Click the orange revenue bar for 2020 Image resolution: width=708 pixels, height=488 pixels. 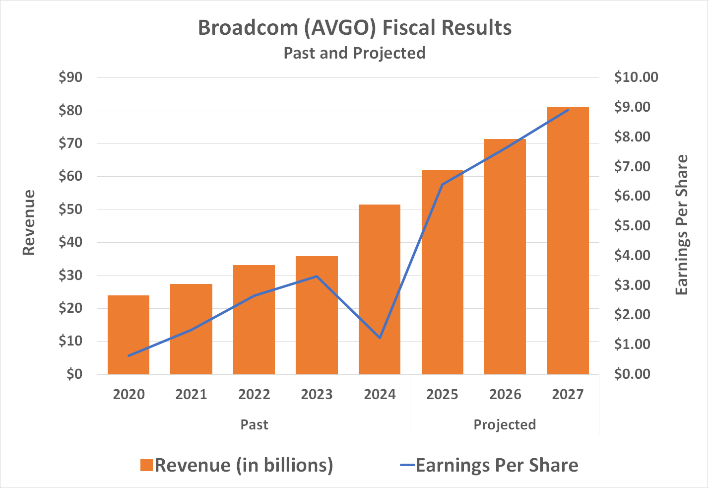(x=129, y=335)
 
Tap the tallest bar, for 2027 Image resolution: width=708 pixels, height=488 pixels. (x=568, y=240)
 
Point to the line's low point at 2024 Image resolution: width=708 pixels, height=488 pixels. (x=380, y=338)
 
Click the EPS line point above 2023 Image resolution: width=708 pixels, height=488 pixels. (x=317, y=277)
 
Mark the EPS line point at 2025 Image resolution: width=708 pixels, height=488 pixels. (x=442, y=185)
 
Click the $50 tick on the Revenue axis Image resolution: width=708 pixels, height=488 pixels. (x=70, y=209)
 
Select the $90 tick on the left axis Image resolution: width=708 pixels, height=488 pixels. (x=70, y=77)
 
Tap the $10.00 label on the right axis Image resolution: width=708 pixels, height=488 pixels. (x=636, y=77)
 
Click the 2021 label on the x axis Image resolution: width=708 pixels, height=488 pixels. (x=191, y=395)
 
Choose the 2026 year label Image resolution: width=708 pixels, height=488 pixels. (x=505, y=395)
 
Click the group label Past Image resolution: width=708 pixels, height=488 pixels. (x=254, y=425)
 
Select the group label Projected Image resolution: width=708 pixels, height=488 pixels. (x=505, y=425)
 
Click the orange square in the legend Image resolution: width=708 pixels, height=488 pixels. (x=146, y=466)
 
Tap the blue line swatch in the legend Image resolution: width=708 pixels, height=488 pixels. (x=407, y=466)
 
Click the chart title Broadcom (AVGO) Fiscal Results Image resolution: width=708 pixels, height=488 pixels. (x=354, y=28)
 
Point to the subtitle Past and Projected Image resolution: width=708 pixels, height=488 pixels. (x=354, y=53)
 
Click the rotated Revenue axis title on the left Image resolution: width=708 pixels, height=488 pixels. (x=29, y=222)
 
